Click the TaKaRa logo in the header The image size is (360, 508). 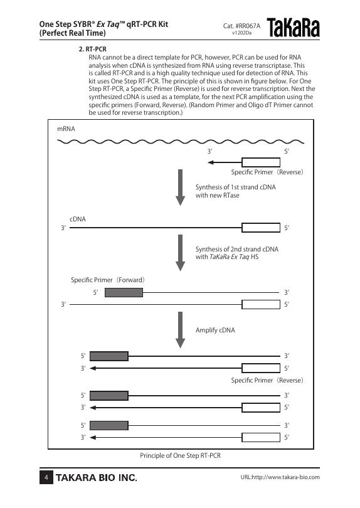[x=294, y=28]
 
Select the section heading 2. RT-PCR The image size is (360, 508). [x=93, y=50]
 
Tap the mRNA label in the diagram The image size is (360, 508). [x=66, y=129]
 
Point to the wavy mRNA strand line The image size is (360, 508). [x=181, y=142]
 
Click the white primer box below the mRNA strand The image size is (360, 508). [x=261, y=162]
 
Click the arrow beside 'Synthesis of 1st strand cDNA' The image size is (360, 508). [x=180, y=188]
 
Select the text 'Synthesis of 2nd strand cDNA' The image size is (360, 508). [x=237, y=249]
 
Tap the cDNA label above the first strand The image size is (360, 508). [x=78, y=219]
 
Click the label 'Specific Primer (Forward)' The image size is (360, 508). [x=108, y=280]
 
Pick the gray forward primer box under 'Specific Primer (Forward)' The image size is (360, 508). [x=124, y=292]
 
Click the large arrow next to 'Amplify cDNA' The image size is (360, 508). [x=180, y=330]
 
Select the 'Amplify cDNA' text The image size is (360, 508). [x=215, y=330]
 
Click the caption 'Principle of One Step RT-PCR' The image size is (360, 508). [x=180, y=455]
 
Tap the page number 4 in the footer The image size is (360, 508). [x=46, y=477]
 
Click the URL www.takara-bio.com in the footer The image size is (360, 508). [x=280, y=477]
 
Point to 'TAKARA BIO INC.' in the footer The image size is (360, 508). [x=96, y=477]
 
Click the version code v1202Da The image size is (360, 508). [x=241, y=33]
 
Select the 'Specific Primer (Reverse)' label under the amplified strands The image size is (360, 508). [x=267, y=380]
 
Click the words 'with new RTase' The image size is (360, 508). [x=218, y=195]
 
